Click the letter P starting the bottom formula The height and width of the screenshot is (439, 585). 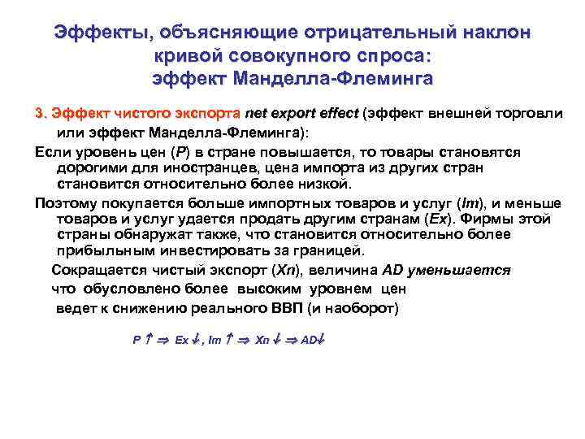coord(136,340)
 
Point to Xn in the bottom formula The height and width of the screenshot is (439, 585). coord(262,340)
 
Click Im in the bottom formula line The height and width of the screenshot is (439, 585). coord(214,340)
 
